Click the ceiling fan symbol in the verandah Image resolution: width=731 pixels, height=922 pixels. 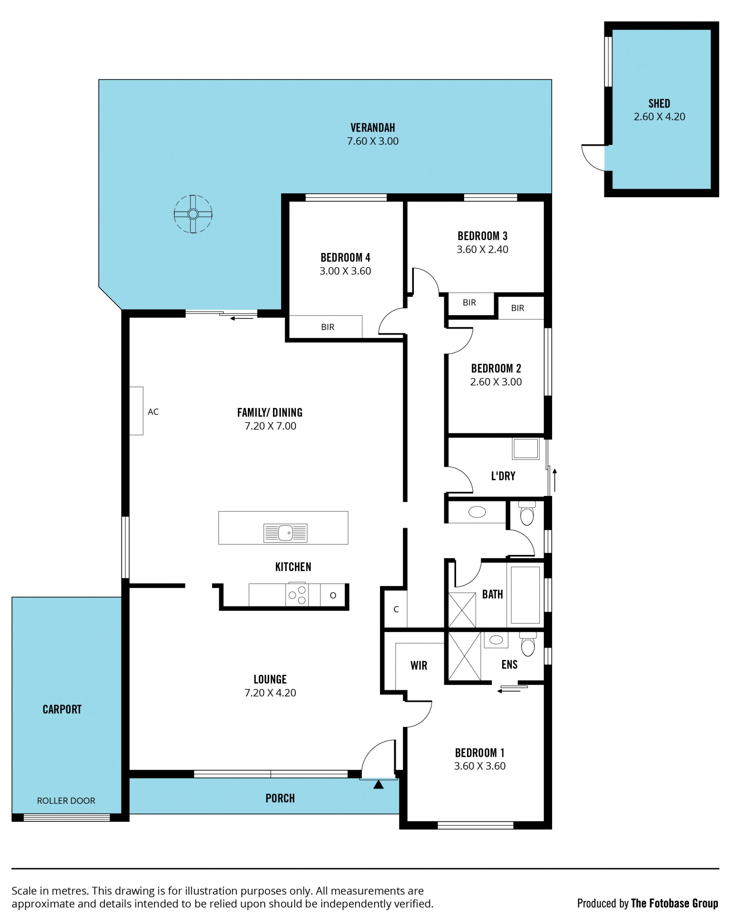point(193,214)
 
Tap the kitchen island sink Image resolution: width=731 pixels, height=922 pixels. point(285,533)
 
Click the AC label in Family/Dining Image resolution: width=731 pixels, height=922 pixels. point(153,412)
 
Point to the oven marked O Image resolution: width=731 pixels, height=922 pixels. point(333,595)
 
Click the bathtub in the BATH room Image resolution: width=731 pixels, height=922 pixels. point(525,595)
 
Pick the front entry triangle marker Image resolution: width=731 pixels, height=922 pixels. point(378,784)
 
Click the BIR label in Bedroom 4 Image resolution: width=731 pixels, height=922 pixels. point(328,327)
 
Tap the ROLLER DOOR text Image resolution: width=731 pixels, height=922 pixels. point(66,801)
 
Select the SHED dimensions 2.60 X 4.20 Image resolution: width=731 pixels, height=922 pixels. point(659,116)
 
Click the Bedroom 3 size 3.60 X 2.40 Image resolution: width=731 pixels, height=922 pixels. point(482,249)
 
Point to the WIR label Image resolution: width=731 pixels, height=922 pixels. point(419,665)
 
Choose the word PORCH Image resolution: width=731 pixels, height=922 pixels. point(280,798)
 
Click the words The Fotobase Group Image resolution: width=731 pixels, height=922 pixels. point(675,903)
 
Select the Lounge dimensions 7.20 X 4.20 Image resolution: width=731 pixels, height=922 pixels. point(270,692)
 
